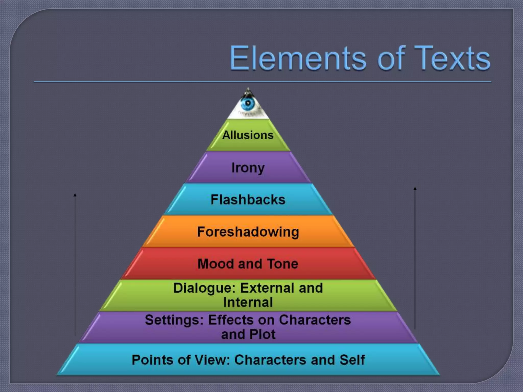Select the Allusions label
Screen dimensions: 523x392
248,135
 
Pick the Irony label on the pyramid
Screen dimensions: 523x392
248,168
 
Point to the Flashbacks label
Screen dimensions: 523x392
248,200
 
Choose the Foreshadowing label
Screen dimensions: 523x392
248,232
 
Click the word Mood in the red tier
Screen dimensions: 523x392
216,264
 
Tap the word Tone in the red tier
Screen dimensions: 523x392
282,264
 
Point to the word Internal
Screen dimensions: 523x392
248,302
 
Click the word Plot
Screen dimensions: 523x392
263,334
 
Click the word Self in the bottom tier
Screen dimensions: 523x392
352,360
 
